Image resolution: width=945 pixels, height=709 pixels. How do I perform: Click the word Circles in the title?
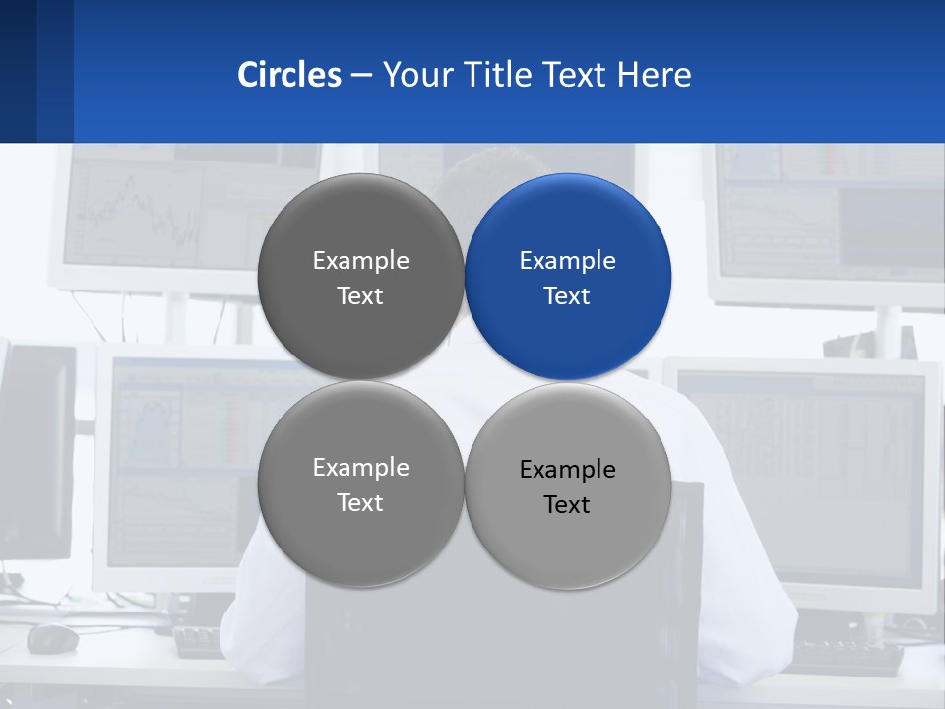tap(288, 75)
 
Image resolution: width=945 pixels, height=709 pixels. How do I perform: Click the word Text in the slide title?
tap(576, 75)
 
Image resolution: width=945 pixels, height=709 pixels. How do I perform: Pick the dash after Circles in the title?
tap(360, 76)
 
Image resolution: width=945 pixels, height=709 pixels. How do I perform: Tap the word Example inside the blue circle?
tap(567, 260)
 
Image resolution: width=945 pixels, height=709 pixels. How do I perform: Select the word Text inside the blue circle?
tap(567, 295)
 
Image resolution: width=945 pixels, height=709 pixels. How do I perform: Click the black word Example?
tap(567, 469)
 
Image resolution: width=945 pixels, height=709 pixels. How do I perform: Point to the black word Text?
tap(567, 504)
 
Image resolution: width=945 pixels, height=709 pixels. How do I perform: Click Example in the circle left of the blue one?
tap(360, 260)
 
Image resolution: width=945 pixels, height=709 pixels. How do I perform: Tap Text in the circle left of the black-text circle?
tap(360, 502)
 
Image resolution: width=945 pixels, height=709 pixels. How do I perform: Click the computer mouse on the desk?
tap(52, 638)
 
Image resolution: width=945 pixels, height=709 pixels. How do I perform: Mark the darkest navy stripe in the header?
tap(18, 71)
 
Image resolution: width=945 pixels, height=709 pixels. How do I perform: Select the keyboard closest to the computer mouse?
tap(199, 642)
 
